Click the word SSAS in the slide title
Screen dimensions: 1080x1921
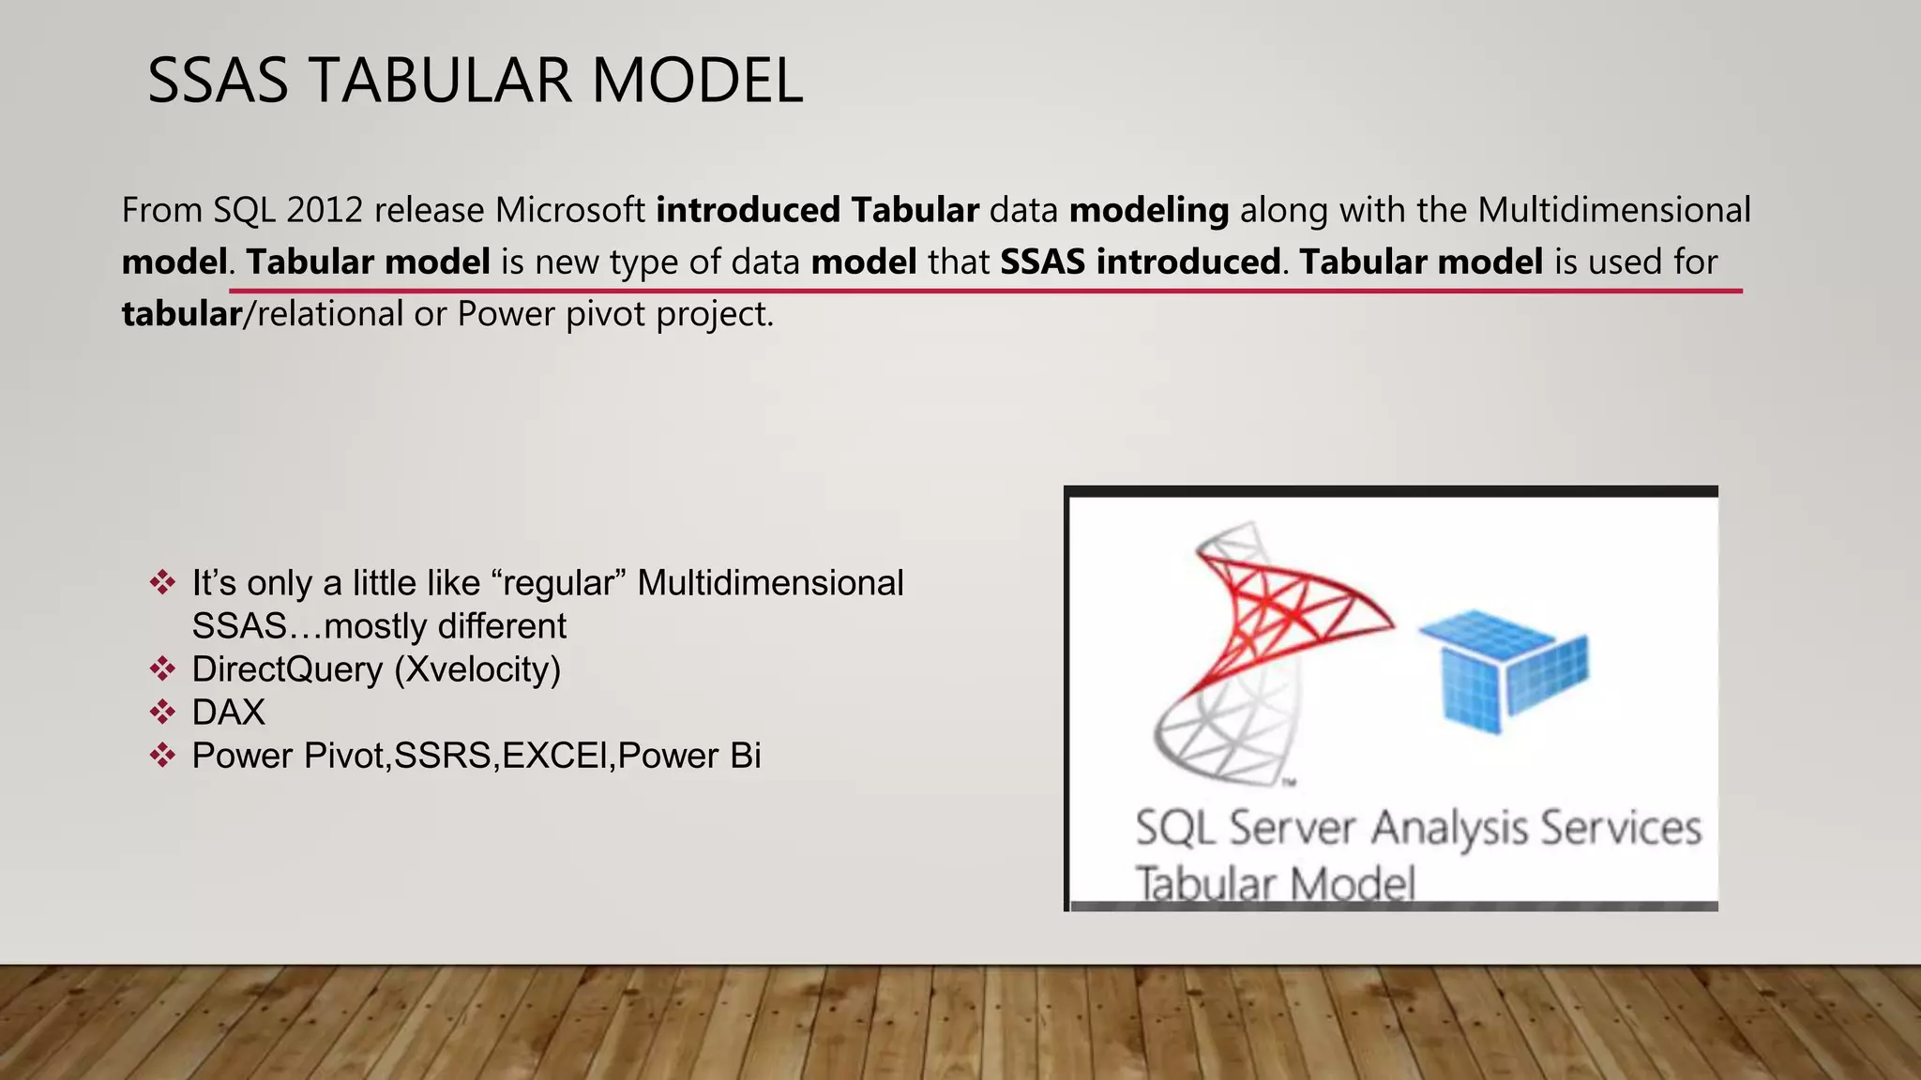[218, 81]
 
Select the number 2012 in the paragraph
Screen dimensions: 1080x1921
[325, 210]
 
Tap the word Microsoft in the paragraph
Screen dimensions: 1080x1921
[569, 210]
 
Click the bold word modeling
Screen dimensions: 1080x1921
[1148, 210]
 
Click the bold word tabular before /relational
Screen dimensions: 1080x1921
[182, 314]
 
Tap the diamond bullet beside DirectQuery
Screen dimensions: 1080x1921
[162, 669]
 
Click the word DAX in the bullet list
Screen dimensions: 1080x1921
[228, 712]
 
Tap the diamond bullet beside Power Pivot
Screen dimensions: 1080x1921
[162, 756]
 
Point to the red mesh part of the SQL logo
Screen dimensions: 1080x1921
[1285, 609]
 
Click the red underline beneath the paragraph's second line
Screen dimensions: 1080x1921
[985, 292]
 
